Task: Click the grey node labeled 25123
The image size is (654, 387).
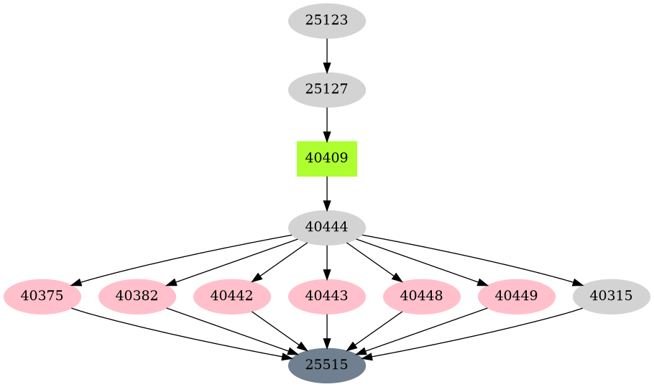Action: (x=327, y=21)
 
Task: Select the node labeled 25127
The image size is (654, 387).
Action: (x=327, y=90)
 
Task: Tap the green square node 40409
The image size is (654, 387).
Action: (x=327, y=159)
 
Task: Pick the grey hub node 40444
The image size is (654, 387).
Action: (x=327, y=228)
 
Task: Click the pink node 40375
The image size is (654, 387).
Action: (x=42, y=297)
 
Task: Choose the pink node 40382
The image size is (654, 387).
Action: (x=137, y=297)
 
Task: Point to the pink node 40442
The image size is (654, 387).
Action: (x=232, y=297)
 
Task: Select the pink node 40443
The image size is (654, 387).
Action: (x=327, y=297)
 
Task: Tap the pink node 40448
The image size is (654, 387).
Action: (x=422, y=297)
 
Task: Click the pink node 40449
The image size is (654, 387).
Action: (x=517, y=297)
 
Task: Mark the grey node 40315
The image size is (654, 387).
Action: (x=612, y=297)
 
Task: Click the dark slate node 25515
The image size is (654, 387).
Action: (x=327, y=365)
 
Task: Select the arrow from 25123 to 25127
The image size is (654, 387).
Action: (x=327, y=55)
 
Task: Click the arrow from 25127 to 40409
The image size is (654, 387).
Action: (x=327, y=124)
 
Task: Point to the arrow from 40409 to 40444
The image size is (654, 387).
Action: (x=327, y=193)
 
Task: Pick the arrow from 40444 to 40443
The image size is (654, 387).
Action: (x=327, y=262)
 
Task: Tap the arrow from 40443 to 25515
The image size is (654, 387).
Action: (x=327, y=331)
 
